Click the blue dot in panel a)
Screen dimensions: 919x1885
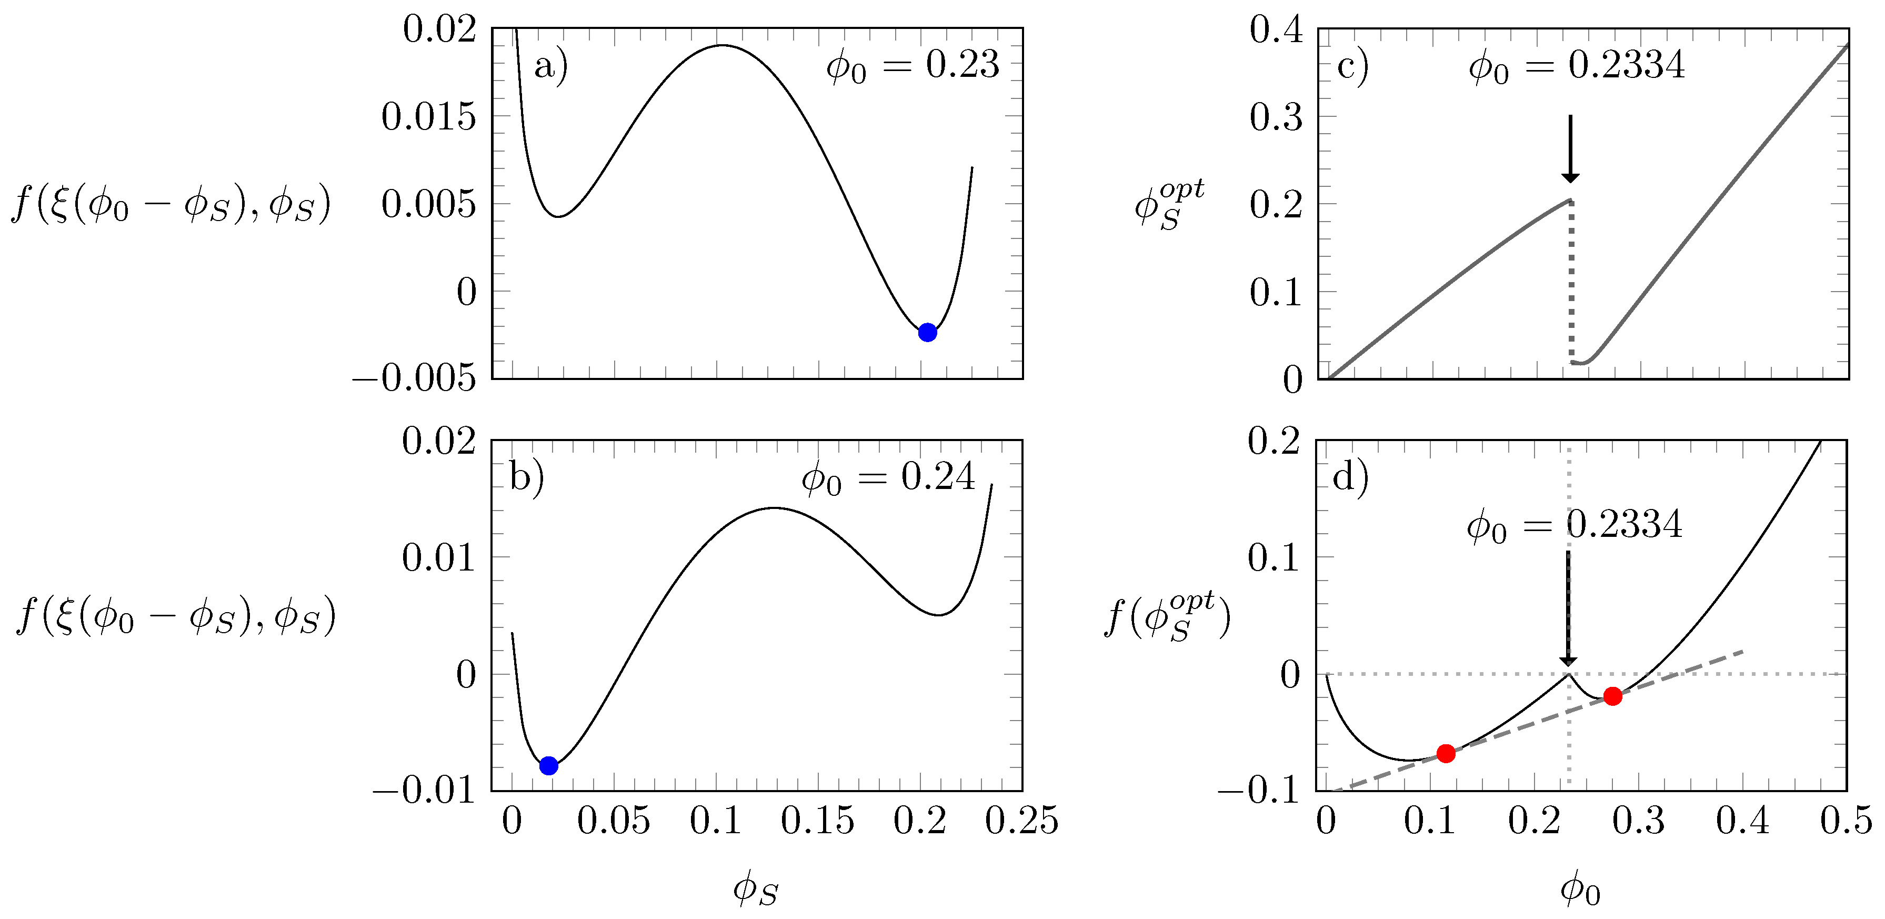(927, 332)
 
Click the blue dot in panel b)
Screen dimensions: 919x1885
(549, 765)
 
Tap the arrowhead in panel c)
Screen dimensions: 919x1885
(1570, 176)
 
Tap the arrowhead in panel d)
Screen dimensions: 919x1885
(1568, 660)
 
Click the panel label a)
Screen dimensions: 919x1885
(551, 67)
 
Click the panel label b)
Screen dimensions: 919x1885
(527, 478)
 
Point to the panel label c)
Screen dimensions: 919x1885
(1353, 67)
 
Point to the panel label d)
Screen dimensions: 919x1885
(1351, 478)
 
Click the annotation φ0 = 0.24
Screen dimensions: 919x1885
(888, 478)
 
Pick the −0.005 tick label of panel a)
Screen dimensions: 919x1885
(414, 378)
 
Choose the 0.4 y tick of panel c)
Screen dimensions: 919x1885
(1276, 30)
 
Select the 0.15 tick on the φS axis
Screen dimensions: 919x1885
(817, 821)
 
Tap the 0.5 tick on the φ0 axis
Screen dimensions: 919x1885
(1846, 821)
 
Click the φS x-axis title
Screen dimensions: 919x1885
(756, 890)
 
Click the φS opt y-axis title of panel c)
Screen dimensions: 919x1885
(1169, 205)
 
